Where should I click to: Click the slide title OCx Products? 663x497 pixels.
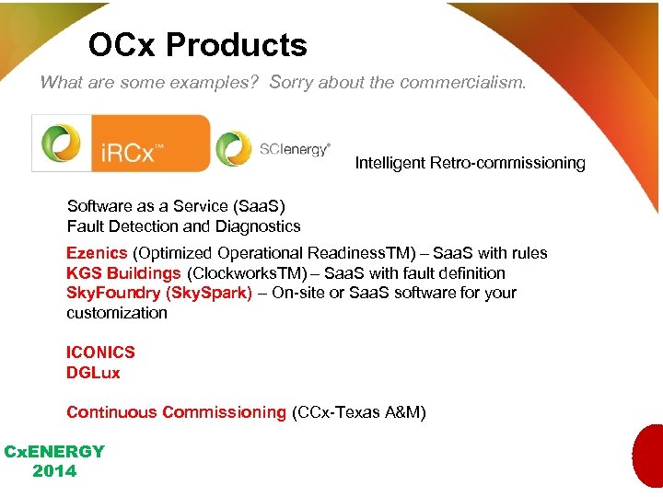197,45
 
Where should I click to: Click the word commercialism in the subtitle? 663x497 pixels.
463,82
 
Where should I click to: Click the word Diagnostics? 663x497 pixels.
258,226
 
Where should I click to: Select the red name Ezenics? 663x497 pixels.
97,253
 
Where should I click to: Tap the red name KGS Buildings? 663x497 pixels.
123,273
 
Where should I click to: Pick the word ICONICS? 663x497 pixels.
100,353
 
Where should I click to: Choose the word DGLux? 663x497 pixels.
93,373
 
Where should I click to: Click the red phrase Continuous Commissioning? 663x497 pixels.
176,412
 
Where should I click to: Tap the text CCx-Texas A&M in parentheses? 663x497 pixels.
358,412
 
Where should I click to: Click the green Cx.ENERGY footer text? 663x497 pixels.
54,452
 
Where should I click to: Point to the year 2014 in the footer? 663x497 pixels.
54,471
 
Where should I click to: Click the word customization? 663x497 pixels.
117,313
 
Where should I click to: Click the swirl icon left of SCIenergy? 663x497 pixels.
233,149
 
